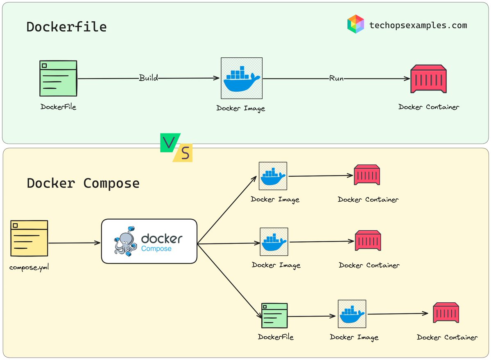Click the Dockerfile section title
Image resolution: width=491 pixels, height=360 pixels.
(x=66, y=27)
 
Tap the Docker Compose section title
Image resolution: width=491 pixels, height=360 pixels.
(x=83, y=183)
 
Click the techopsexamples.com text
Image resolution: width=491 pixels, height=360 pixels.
(x=418, y=25)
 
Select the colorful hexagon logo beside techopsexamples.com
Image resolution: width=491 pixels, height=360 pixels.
(x=355, y=24)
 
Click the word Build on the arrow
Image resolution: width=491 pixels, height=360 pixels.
(x=148, y=78)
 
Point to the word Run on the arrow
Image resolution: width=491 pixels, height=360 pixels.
(x=336, y=79)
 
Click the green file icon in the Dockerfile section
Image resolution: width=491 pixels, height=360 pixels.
(x=58, y=78)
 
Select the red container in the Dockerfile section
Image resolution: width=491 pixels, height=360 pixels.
(x=428, y=79)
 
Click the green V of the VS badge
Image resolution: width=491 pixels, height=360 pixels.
(x=168, y=143)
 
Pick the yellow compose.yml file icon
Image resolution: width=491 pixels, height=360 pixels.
(x=29, y=238)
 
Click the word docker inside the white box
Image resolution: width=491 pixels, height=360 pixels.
(x=162, y=239)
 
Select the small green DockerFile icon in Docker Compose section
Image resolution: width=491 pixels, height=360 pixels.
(x=275, y=315)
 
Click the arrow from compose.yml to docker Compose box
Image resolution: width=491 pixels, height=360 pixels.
(x=74, y=243)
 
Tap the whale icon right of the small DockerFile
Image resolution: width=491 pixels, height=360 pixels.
(x=352, y=314)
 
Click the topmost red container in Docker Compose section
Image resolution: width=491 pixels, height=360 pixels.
(x=367, y=175)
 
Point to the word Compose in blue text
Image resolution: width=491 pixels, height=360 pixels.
(x=156, y=249)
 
